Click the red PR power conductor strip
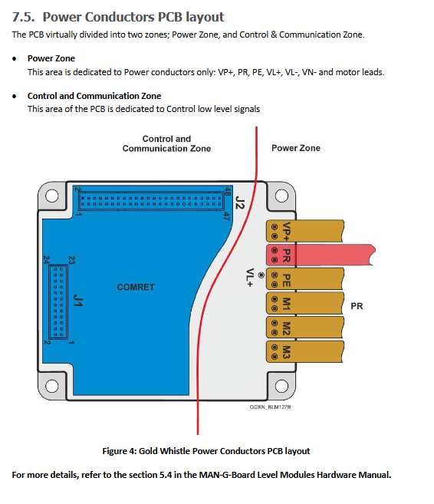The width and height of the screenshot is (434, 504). tap(321, 255)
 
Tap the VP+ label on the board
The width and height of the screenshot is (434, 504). tap(286, 231)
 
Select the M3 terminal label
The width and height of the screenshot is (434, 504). tap(286, 352)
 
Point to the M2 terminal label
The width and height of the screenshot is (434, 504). tap(286, 328)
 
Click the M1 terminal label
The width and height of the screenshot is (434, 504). tap(286, 304)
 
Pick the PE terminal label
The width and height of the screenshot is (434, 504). tap(286, 280)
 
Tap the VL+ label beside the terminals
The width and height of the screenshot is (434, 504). tap(250, 278)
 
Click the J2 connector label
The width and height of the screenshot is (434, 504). tap(240, 203)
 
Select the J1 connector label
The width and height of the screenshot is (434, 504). tap(78, 300)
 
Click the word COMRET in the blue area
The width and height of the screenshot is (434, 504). tap(136, 287)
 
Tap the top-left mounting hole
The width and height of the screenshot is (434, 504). tap(52, 196)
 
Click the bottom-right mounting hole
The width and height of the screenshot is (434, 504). tap(281, 386)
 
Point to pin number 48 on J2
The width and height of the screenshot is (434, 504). tap(228, 192)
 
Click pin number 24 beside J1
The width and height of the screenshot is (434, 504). tap(47, 260)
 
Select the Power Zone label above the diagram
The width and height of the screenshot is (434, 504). tap(296, 148)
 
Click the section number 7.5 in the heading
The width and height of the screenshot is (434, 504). tap(23, 17)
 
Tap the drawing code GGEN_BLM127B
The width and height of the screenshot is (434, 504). tap(270, 407)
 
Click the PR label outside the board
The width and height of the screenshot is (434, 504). tap(357, 306)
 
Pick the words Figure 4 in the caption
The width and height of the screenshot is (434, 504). tap(119, 451)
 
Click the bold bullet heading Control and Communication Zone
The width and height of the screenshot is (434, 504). tap(94, 96)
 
